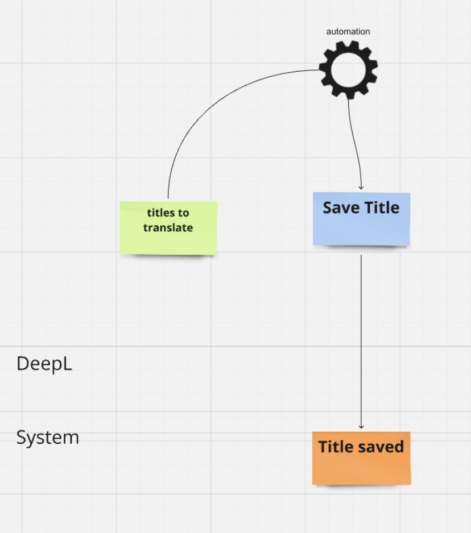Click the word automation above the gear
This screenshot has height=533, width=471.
pos(348,32)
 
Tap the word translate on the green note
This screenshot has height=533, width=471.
pos(168,228)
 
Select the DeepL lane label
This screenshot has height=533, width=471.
pos(44,364)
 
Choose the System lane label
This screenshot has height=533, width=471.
pos(48,438)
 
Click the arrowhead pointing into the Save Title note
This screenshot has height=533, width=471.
pos(361,188)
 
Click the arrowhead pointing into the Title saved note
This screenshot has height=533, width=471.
pos(361,427)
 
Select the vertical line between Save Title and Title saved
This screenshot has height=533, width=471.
pos(361,341)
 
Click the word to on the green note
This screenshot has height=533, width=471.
pos(183,213)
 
